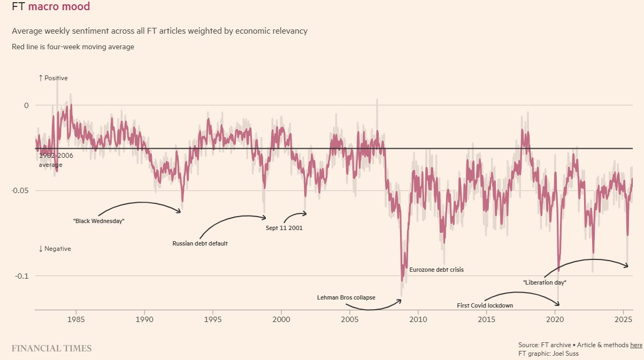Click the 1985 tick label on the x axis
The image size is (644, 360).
click(x=76, y=319)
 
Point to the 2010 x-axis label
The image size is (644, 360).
click(x=418, y=319)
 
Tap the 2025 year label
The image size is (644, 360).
click(x=623, y=319)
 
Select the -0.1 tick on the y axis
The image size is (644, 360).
click(x=22, y=276)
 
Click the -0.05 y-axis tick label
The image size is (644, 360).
click(x=20, y=190)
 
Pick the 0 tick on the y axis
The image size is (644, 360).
click(x=26, y=105)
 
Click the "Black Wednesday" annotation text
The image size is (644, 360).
click(x=98, y=221)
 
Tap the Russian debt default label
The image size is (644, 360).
click(x=200, y=243)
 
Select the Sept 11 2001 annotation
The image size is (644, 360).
click(x=284, y=228)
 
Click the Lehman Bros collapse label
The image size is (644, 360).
click(x=346, y=297)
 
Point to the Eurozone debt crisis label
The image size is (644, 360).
click(x=436, y=270)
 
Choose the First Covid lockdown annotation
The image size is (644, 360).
click(x=485, y=305)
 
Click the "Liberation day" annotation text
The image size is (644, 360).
click(x=545, y=282)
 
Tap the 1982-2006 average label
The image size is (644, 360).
click(x=56, y=160)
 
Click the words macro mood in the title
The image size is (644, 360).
click(x=59, y=6)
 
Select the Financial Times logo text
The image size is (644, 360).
click(x=51, y=348)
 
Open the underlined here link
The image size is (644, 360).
click(x=636, y=345)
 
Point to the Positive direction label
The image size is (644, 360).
click(x=53, y=78)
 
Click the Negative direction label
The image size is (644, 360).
click(x=55, y=249)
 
